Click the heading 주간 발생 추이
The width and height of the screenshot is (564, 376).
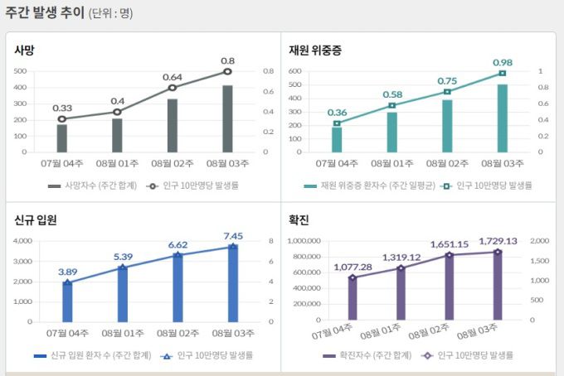pos(44,12)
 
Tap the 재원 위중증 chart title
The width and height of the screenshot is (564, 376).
pos(315,50)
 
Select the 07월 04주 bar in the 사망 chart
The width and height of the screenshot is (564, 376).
pos(62,137)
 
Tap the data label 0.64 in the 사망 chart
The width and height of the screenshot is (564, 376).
pos(172,77)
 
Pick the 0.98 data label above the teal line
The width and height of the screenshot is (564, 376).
pos(503,62)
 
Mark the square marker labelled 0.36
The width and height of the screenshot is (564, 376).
pos(337,123)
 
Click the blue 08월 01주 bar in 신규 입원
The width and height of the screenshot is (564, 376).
pos(122,293)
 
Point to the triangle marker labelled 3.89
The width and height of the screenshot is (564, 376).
pos(67,282)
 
